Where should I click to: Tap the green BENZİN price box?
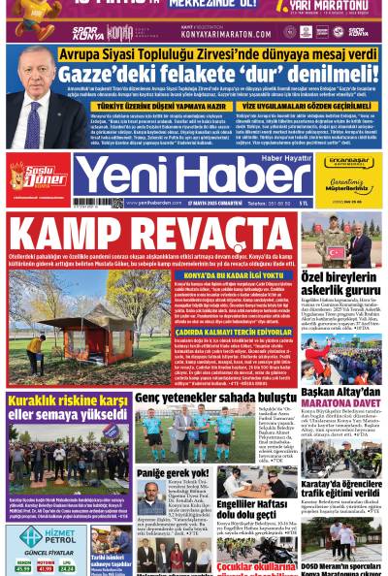pos(23,566)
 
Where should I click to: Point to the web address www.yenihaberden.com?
pos(154,204)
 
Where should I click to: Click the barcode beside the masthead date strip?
pos(91,204)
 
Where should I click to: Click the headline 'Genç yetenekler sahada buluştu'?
pos(214,398)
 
